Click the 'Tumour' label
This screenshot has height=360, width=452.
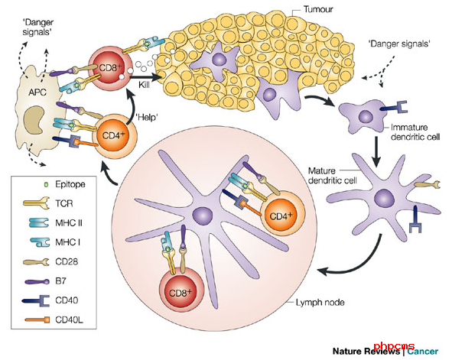pyautogui.click(x=318, y=9)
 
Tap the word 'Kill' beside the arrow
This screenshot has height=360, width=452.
pyautogui.click(x=144, y=85)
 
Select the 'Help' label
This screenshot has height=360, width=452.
pyautogui.click(x=147, y=118)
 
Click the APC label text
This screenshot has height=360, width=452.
pyautogui.click(x=37, y=92)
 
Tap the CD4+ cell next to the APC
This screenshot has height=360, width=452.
pyautogui.click(x=115, y=135)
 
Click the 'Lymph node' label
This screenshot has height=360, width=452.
pyautogui.click(x=320, y=303)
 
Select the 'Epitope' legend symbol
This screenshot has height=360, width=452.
pyautogui.click(x=46, y=184)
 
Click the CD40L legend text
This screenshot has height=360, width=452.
pyautogui.click(x=69, y=319)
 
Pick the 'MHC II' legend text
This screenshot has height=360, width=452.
pyautogui.click(x=69, y=222)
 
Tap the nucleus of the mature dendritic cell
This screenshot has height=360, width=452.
pyautogui.click(x=384, y=198)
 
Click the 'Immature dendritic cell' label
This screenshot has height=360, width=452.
pyautogui.click(x=415, y=132)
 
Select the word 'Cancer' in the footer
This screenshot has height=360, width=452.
pyautogui.click(x=423, y=352)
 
